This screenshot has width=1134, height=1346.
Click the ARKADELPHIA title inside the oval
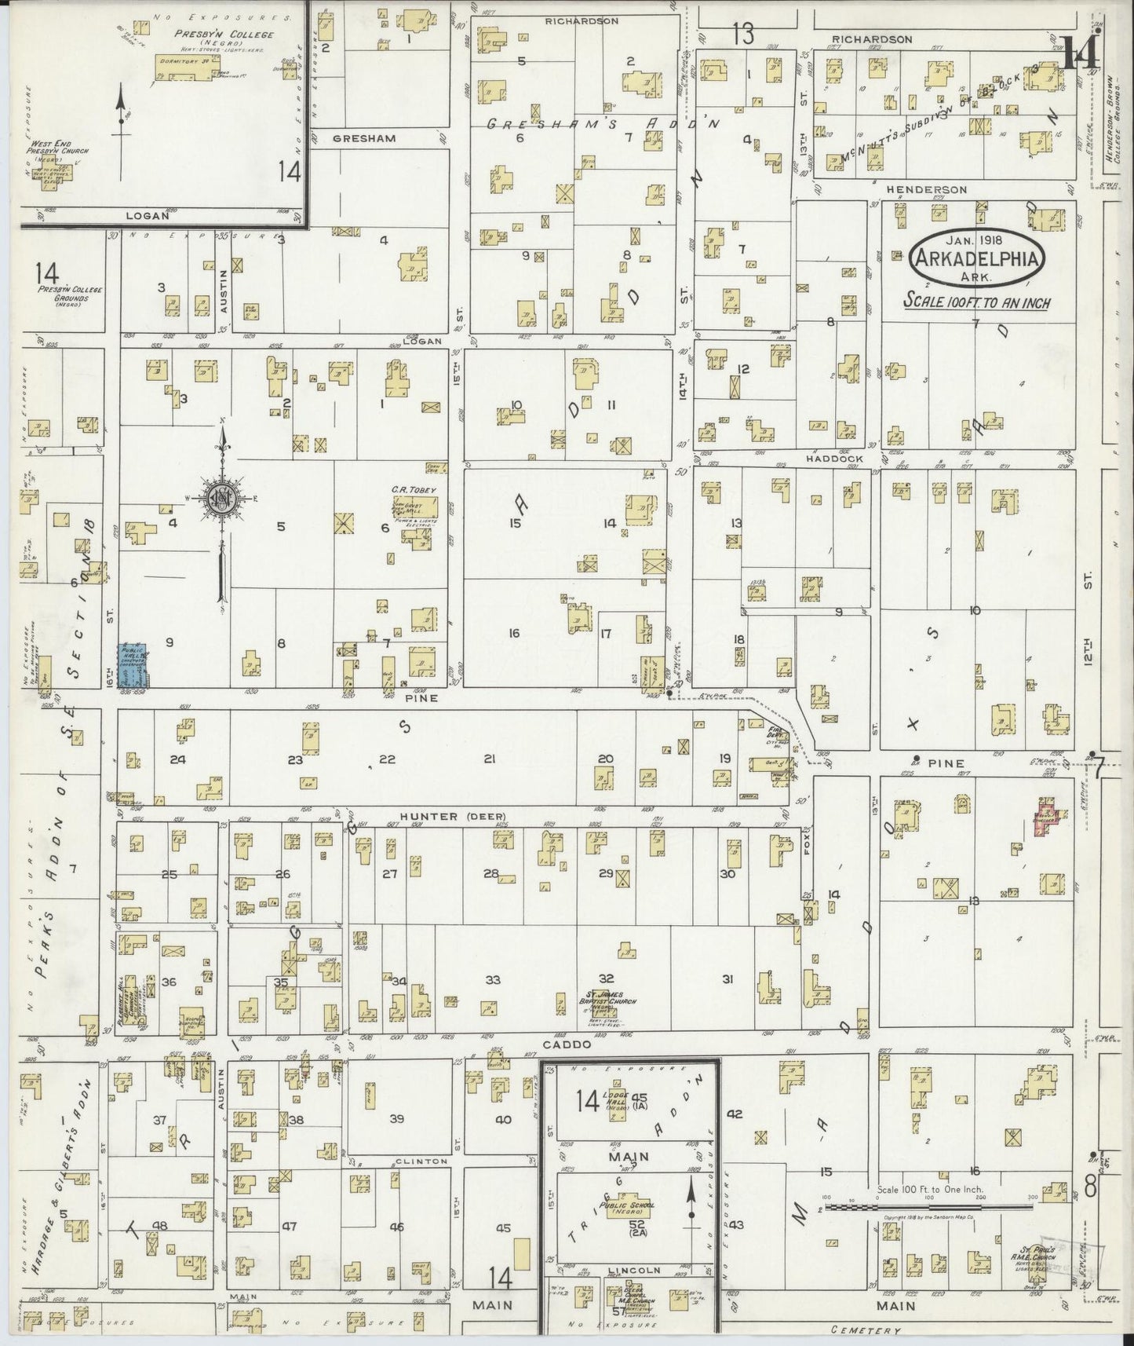(x=977, y=260)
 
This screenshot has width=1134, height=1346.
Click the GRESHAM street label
(x=363, y=138)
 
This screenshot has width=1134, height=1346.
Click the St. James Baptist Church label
(x=614, y=997)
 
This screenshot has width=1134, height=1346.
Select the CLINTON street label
(x=421, y=1161)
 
